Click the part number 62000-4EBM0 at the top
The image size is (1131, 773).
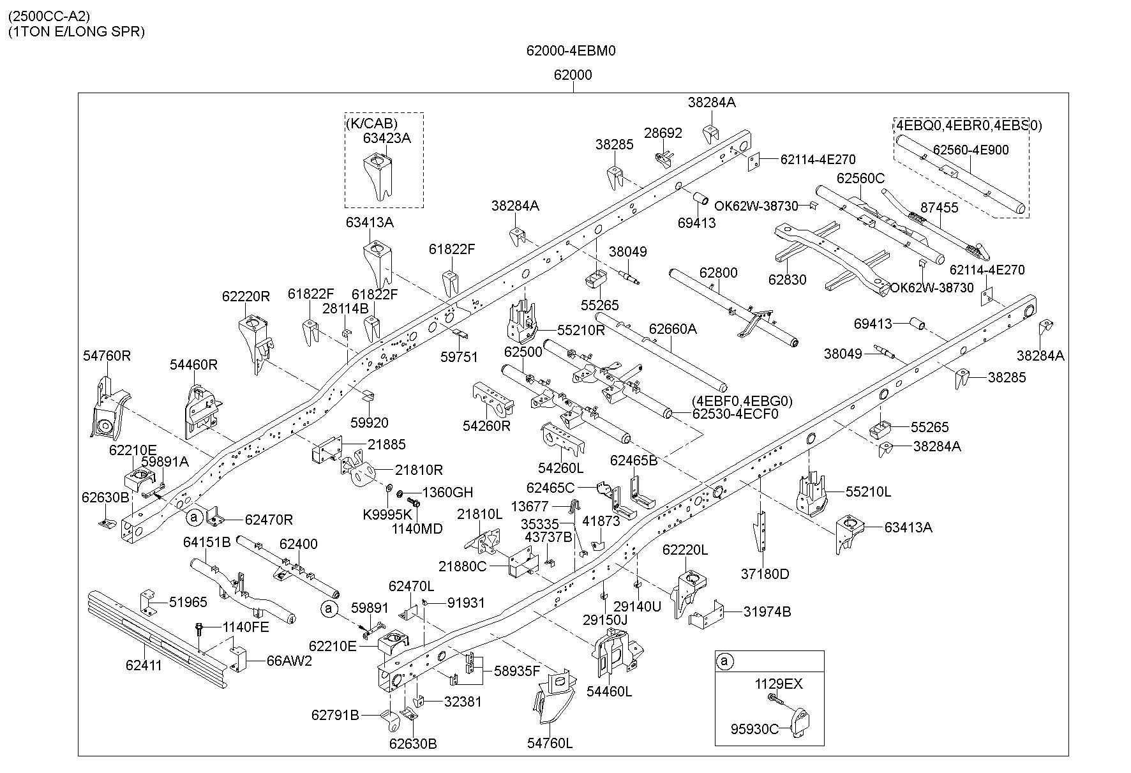[x=571, y=50]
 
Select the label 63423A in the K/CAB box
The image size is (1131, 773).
[x=387, y=138]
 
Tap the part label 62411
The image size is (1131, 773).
[x=144, y=666]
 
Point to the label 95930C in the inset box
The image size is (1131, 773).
[x=756, y=729]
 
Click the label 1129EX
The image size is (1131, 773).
[x=779, y=684]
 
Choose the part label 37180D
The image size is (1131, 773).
[x=765, y=574]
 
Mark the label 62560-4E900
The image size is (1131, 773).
[x=971, y=150]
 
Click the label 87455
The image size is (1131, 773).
[x=940, y=207]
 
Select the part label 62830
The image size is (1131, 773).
[x=787, y=280]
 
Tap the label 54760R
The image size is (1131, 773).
[x=107, y=356]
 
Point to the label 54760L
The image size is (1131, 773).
[x=550, y=744]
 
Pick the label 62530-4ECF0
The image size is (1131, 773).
[x=735, y=414]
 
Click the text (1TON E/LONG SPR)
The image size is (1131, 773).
[x=76, y=32]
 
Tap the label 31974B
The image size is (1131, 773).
[x=767, y=612]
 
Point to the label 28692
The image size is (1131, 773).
[x=663, y=133]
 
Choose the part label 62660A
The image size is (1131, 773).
[x=673, y=329]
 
